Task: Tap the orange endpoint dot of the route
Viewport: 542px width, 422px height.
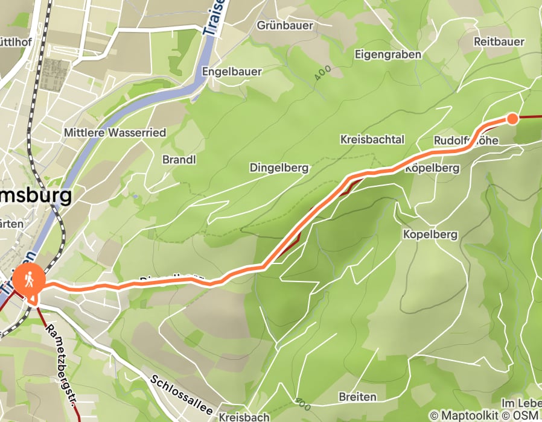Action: point(512,119)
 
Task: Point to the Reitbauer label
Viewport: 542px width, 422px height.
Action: point(499,42)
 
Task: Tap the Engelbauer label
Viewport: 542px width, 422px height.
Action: point(232,72)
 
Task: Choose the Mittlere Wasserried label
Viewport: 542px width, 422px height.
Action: point(115,133)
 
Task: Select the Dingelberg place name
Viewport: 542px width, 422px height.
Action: point(279,168)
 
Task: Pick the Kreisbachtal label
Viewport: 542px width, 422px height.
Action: point(372,140)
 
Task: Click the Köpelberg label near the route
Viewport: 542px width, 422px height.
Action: point(432,169)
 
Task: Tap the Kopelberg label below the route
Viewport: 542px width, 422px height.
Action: point(430,234)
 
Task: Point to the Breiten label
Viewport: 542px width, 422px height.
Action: point(358,397)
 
